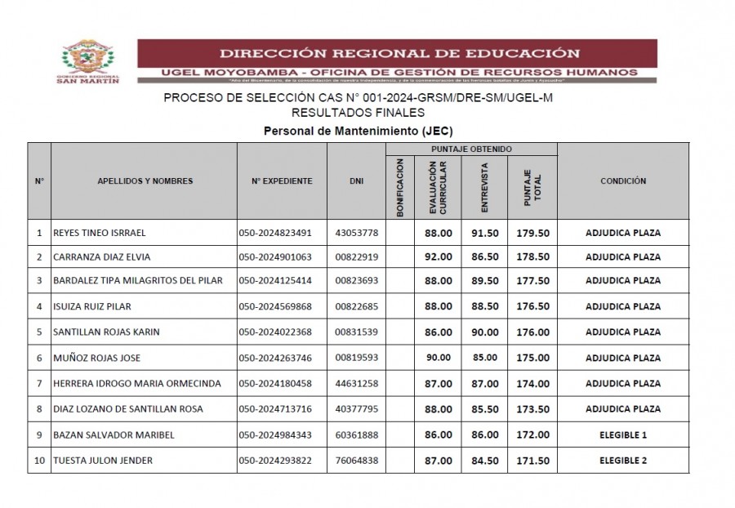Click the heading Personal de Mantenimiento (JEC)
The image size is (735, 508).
pyautogui.click(x=358, y=131)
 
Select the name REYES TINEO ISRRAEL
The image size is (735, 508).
pyautogui.click(x=99, y=233)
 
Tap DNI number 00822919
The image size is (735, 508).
pyautogui.click(x=357, y=257)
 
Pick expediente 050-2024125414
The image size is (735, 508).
pyautogui.click(x=275, y=281)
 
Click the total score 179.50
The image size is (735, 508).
pyautogui.click(x=532, y=233)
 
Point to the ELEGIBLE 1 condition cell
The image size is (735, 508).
pyautogui.click(x=622, y=435)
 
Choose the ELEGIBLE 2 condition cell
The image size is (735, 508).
pyautogui.click(x=622, y=461)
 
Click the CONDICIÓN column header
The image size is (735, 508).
pyautogui.click(x=622, y=181)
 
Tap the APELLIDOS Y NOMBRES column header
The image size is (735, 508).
pyautogui.click(x=145, y=181)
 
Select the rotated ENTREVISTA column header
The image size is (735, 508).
pyautogui.click(x=485, y=186)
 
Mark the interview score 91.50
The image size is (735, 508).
pyautogui.click(x=485, y=233)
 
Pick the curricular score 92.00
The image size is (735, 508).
pyautogui.click(x=439, y=257)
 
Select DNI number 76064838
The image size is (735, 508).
pyautogui.click(x=357, y=461)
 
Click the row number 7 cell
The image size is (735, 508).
pyautogui.click(x=39, y=383)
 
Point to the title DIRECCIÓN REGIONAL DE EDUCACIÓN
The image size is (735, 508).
pyautogui.click(x=399, y=54)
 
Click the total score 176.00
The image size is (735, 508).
pyautogui.click(x=532, y=332)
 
